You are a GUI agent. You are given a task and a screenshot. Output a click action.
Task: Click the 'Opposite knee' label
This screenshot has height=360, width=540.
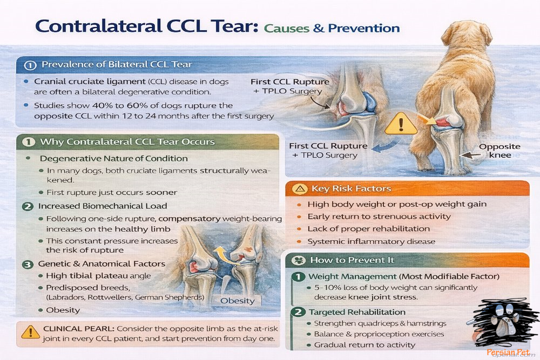[500, 151]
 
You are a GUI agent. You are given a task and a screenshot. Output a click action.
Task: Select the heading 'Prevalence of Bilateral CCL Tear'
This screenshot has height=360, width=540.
[117, 65]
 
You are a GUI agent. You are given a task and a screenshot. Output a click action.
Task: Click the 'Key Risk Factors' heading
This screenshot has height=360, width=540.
[351, 189]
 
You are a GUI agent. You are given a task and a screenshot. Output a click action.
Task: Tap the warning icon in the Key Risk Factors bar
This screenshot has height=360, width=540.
[300, 189]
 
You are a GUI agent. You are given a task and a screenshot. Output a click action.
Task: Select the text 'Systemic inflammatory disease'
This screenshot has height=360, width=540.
[371, 241]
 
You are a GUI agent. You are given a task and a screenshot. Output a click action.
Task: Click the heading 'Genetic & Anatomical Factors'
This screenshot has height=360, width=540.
[102, 263]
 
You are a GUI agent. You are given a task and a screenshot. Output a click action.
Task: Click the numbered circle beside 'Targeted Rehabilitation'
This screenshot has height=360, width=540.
[298, 312]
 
